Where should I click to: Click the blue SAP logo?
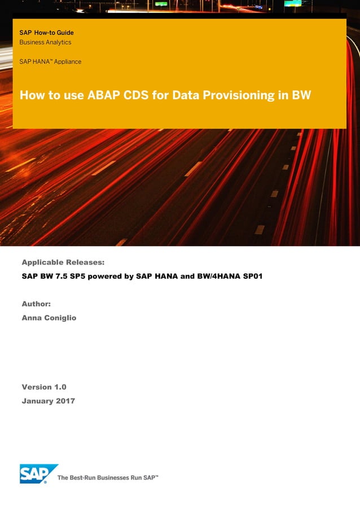tap(38, 473)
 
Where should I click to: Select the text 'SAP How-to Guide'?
tap(46, 33)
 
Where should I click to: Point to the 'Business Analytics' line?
tap(45, 42)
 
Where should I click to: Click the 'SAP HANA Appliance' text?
tap(50, 62)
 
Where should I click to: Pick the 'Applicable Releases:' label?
tap(63, 262)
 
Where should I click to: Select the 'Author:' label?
tap(36, 304)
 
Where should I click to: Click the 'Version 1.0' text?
tap(44, 387)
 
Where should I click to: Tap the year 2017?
tap(65, 401)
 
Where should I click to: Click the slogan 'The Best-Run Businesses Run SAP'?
tap(108, 478)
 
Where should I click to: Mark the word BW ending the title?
tap(301, 95)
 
